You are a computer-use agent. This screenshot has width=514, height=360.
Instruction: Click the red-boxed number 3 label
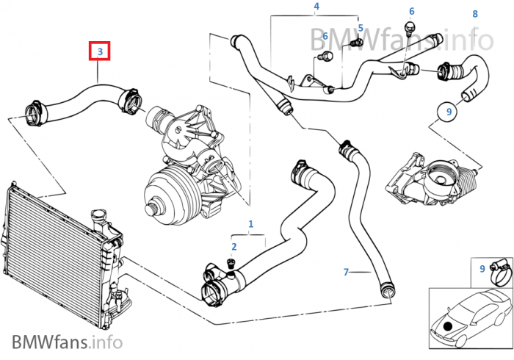(100, 51)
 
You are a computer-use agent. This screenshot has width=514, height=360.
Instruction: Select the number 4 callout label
(316, 7)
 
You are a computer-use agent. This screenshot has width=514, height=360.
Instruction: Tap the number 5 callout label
(361, 29)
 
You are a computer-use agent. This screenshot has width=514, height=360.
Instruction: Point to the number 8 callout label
(475, 13)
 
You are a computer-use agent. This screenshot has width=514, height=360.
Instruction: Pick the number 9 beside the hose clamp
(482, 269)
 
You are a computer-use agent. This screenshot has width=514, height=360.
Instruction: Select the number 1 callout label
(251, 223)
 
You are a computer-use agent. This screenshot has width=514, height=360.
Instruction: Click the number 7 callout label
(346, 273)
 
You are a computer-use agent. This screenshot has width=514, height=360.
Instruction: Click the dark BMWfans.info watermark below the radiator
(67, 342)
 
